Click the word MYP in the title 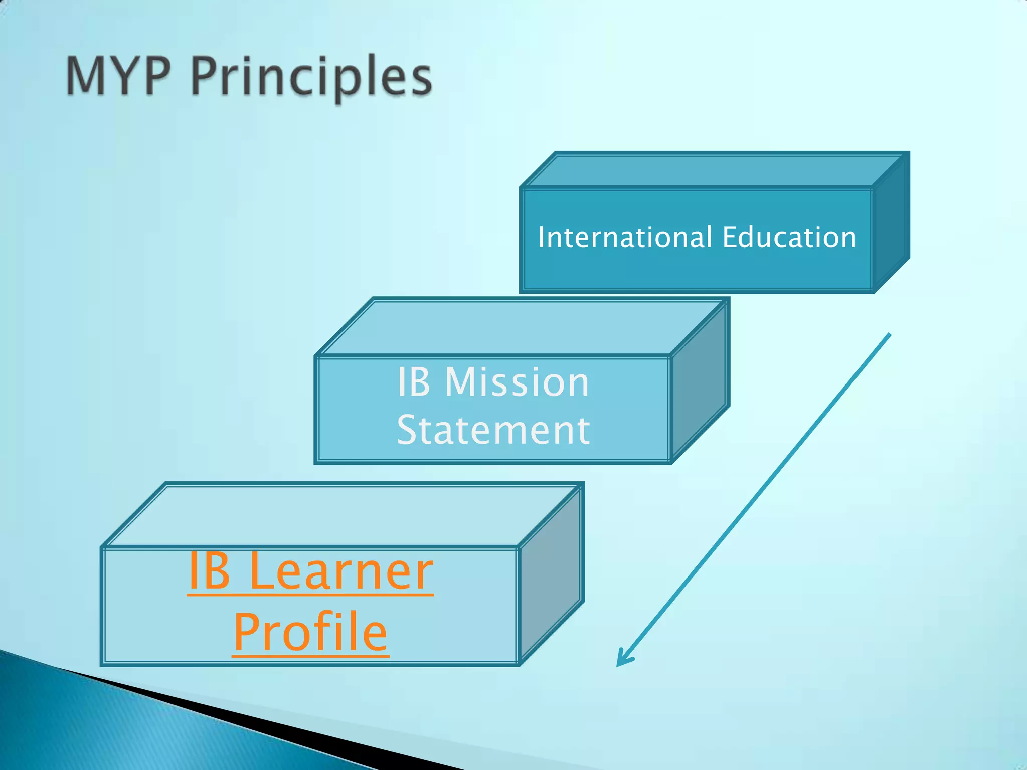coord(118,76)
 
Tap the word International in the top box coord(625,237)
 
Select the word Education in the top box coord(789,237)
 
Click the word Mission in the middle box coord(517,382)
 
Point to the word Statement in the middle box coord(493,430)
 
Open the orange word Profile coord(310,633)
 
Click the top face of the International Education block coord(712,170)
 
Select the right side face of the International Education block coord(891,223)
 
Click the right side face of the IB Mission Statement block coord(699,381)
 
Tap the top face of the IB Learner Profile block coord(341,515)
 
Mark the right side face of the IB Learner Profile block coord(551,574)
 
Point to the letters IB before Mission coord(414,382)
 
